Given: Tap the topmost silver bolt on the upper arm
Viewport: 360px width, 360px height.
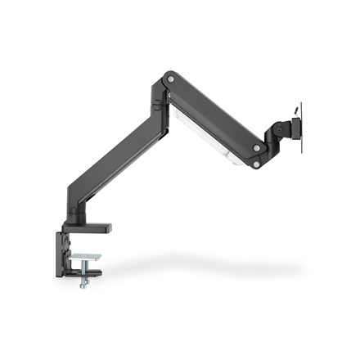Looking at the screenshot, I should pos(170,79).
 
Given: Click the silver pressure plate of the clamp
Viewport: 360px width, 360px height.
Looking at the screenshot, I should pos(86,258).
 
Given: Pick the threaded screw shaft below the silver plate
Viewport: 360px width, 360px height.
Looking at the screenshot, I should pos(84,272).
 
